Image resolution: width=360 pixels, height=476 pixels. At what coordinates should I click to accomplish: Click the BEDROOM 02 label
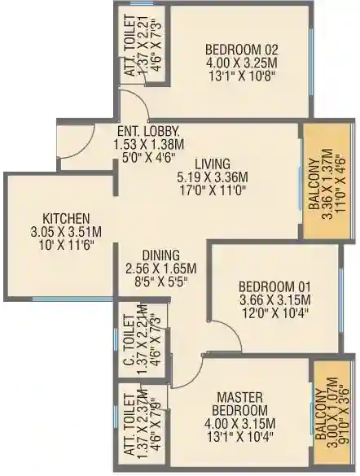[242, 50]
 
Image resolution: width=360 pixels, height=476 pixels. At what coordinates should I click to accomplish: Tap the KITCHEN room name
[66, 219]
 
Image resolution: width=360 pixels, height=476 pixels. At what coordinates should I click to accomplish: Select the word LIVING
[213, 164]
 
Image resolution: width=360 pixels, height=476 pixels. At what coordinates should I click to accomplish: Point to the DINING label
[161, 255]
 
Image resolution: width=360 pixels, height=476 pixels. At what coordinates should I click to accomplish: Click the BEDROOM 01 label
[275, 286]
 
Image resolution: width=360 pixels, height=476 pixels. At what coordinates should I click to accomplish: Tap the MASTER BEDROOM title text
[240, 404]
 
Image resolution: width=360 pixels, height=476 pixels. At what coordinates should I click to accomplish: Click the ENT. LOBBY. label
[148, 132]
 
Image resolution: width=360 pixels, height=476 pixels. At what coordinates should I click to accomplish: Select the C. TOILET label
[130, 341]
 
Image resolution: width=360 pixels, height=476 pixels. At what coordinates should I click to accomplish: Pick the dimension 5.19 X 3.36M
[213, 177]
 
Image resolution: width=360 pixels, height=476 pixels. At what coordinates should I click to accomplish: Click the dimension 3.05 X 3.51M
[66, 232]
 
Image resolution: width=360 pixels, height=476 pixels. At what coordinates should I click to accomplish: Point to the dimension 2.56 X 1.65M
[161, 269]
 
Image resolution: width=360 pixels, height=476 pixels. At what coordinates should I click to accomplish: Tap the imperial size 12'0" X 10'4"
[275, 312]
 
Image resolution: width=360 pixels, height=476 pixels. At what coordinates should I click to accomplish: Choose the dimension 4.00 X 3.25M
[242, 63]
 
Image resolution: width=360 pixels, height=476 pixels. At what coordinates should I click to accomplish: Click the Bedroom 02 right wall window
[311, 62]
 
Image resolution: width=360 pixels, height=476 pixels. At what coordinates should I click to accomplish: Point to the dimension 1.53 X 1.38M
[148, 145]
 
